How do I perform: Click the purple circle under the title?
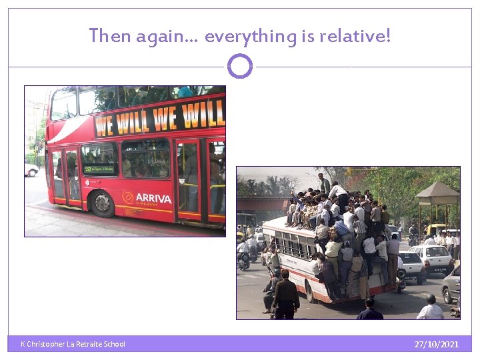pyautogui.click(x=240, y=67)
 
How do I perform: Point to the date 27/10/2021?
pyautogui.click(x=436, y=345)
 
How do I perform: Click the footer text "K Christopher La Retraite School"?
pyautogui.click(x=73, y=344)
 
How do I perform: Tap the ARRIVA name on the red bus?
pyautogui.click(x=153, y=199)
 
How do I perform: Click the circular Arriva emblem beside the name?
pyautogui.click(x=128, y=197)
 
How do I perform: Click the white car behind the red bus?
pyautogui.click(x=31, y=170)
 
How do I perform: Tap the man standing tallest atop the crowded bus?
pyautogui.click(x=324, y=183)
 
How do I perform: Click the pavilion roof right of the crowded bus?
pyautogui.click(x=437, y=194)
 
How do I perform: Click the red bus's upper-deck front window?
pyautogui.click(x=64, y=103)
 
